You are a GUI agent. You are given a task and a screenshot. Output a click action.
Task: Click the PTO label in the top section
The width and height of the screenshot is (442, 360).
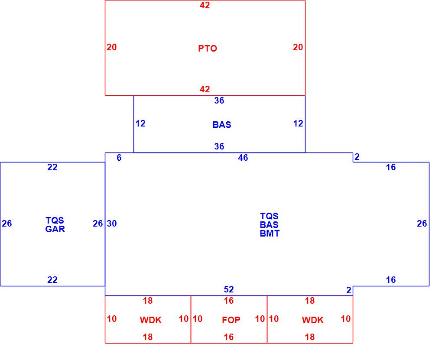tap(208, 49)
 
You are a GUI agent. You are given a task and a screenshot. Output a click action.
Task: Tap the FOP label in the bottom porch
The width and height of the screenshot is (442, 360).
tap(231, 320)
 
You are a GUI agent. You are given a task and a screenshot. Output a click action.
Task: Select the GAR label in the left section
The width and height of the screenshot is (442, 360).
tap(55, 229)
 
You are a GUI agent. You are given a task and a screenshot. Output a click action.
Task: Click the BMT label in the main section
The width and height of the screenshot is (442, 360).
tap(270, 234)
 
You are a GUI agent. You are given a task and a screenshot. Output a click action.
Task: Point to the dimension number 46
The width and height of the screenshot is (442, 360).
tap(243, 158)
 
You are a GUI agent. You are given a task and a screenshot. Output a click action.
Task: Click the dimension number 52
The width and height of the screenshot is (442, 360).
tap(229, 289)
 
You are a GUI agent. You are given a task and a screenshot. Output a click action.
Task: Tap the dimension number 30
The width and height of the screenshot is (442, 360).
tap(112, 224)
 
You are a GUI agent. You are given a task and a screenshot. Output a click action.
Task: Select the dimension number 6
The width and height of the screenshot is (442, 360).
tap(119, 158)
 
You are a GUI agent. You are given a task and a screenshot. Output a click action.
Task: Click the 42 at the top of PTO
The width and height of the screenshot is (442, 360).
tap(205, 6)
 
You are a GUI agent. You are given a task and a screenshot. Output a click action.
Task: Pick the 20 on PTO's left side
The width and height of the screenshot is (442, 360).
tap(111, 47)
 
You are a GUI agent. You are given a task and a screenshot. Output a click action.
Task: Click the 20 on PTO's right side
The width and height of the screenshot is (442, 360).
tap(298, 47)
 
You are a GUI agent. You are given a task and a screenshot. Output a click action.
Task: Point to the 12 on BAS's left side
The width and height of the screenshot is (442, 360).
tap(140, 123)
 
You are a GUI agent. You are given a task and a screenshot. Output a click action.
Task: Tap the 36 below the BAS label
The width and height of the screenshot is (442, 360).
tap(219, 146)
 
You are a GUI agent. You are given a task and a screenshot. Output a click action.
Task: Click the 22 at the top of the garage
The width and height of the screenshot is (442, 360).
tap(52, 167)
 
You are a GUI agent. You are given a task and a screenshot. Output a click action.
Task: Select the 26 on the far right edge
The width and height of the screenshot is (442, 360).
tap(422, 224)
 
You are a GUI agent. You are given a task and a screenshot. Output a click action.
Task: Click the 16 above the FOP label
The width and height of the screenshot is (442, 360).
tap(229, 301)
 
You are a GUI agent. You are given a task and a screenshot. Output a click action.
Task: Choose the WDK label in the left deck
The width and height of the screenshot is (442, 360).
tap(150, 320)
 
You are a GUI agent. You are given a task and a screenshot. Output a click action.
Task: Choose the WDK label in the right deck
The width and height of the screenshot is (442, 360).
tap(313, 320)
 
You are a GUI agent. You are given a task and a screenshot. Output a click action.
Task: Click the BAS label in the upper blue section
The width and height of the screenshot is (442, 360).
tap(222, 125)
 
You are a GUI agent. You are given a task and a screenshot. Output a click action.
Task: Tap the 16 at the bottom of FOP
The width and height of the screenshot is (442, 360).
tap(229, 337)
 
